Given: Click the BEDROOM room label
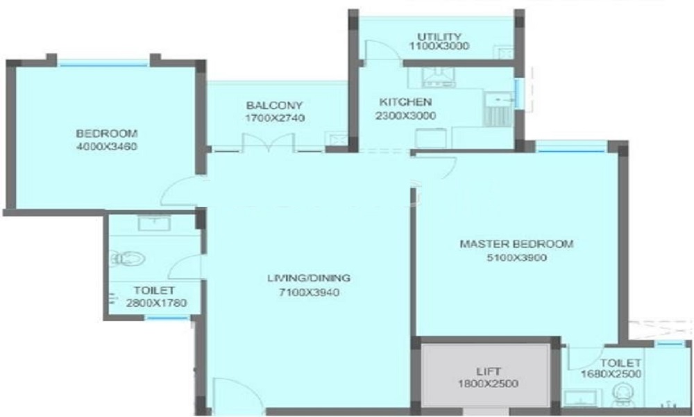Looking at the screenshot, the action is (107, 133).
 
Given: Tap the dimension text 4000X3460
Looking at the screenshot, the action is (107, 147).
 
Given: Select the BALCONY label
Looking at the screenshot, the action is (274, 106).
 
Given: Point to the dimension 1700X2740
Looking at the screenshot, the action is (274, 118).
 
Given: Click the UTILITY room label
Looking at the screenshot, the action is (439, 36).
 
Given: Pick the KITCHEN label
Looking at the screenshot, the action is (405, 102).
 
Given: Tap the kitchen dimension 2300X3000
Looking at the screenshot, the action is (405, 116).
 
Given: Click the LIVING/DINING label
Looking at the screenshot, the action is (309, 278).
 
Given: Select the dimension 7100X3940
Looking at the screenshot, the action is (309, 293).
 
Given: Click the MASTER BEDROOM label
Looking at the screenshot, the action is (516, 244).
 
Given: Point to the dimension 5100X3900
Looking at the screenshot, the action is (516, 258).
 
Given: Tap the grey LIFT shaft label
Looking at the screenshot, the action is (489, 371).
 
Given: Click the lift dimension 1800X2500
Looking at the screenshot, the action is (488, 384).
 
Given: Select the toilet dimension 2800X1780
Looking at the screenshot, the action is (156, 303).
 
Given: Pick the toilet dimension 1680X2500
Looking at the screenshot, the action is (611, 374).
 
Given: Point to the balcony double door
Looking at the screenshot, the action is (268, 142).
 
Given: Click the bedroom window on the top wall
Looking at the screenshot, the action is (103, 64).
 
